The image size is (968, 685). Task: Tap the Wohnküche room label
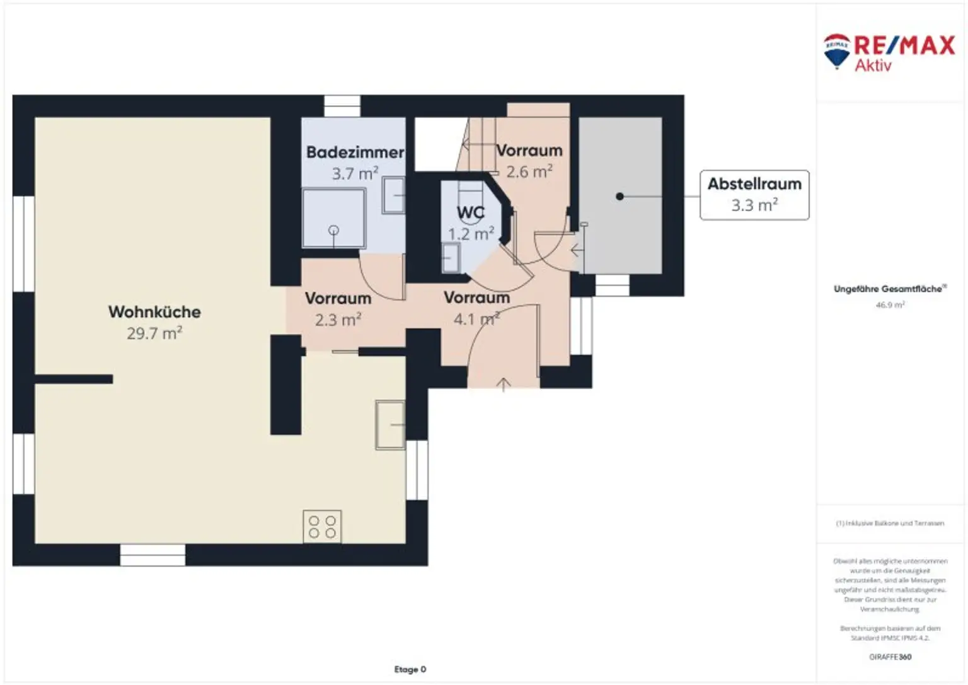[x=154, y=312]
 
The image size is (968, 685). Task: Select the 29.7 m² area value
[x=154, y=333]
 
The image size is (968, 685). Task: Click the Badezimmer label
[x=355, y=152]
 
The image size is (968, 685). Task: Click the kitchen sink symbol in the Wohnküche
[x=390, y=425]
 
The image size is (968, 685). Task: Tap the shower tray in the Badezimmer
[x=333, y=218]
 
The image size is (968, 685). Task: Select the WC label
[x=471, y=213]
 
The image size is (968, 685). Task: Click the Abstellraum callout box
[x=754, y=195]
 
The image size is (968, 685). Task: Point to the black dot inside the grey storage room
[x=619, y=197]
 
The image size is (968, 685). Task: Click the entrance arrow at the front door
[x=503, y=384]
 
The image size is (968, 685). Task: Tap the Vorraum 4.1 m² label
[x=476, y=308]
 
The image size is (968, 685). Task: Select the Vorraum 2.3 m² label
[x=338, y=309]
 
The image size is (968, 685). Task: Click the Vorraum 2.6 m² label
[x=529, y=161]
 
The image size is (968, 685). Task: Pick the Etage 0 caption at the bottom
[x=410, y=669]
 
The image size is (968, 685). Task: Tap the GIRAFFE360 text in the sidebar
[x=890, y=657]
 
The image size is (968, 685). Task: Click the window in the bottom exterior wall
[x=153, y=555]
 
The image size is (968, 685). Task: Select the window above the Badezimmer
[x=342, y=105]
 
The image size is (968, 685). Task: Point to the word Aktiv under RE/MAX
[x=873, y=66]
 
